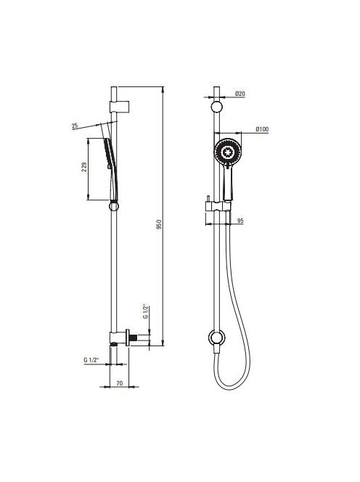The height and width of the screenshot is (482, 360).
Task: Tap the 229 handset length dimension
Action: point(84,167)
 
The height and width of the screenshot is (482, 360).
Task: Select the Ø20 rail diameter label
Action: point(240,93)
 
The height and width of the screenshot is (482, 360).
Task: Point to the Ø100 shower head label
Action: point(262,129)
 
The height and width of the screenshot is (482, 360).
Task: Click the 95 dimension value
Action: point(240,221)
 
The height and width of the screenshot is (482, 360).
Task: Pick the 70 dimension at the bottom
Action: point(120,383)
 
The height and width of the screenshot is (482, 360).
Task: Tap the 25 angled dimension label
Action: point(75,126)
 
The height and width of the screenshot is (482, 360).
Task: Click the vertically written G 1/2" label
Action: point(146,311)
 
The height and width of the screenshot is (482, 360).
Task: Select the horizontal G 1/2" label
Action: point(91,360)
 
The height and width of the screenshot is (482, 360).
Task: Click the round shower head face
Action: point(227,152)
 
